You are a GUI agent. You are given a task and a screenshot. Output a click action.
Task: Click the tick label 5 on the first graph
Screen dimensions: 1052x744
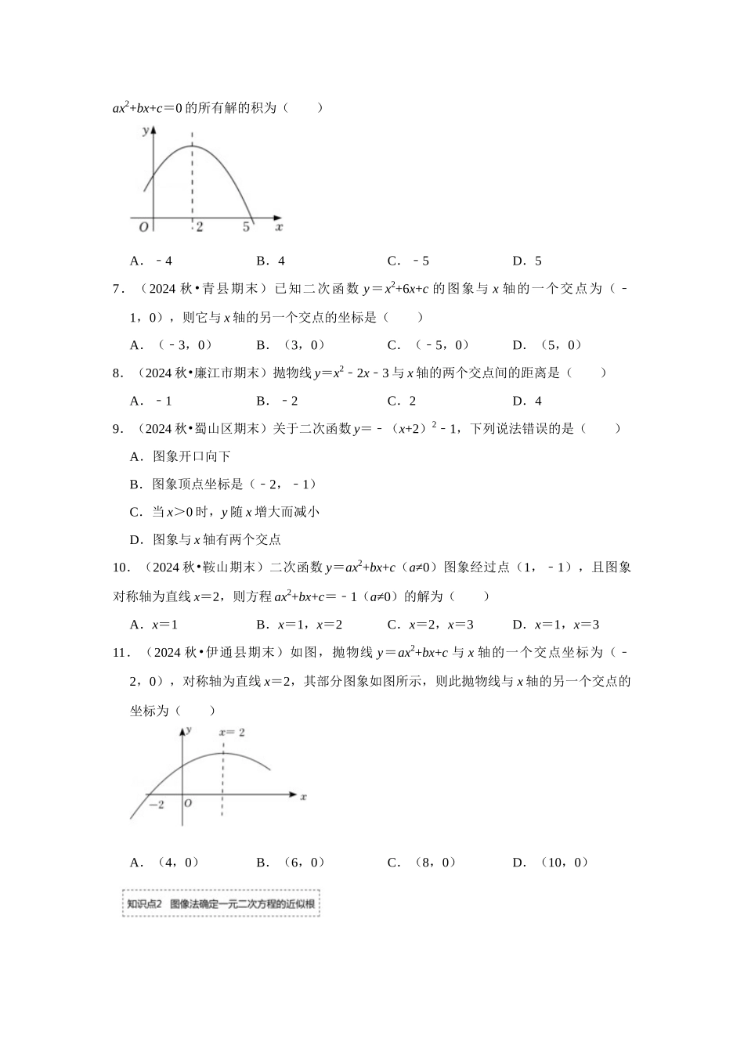tap(246, 227)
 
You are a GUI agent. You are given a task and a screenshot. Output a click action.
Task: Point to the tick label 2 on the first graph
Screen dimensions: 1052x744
tap(200, 227)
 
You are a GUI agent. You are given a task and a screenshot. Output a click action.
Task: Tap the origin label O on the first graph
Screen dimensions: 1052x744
tap(143, 227)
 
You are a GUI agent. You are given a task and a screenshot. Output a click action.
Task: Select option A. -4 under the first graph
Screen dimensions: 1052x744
tap(151, 261)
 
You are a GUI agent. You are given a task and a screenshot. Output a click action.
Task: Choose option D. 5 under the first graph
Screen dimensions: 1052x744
tap(527, 261)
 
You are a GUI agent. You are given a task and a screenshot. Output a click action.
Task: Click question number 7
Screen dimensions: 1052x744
tap(118, 290)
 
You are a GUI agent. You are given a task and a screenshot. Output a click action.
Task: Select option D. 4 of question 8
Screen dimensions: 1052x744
tap(527, 402)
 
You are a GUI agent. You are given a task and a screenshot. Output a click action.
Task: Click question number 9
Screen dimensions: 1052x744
tap(118, 429)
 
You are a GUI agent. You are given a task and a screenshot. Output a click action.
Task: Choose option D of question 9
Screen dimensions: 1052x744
tap(205, 540)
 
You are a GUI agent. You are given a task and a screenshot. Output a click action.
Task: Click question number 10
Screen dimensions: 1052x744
tap(121, 568)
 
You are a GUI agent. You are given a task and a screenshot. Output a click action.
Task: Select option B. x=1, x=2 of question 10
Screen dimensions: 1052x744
tap(299, 625)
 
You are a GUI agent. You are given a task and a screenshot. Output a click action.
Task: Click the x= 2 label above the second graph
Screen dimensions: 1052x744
tap(232, 733)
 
